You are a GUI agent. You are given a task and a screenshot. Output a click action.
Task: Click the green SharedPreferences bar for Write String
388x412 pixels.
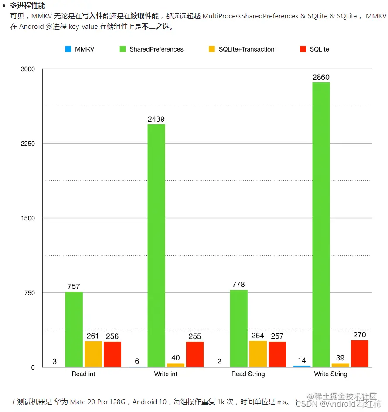321,224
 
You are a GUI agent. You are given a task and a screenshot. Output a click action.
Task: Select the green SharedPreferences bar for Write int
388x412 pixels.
156,245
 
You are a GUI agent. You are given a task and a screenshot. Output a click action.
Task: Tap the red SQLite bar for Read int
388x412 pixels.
112,354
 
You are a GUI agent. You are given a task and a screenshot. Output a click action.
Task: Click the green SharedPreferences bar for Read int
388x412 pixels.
74,329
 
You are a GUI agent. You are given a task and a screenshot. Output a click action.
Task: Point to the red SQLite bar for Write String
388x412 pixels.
360,354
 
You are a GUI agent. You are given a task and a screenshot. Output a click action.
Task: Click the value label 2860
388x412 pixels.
321,77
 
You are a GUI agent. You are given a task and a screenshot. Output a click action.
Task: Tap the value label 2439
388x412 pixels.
156,119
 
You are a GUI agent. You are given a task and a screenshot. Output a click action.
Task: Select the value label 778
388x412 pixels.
238,285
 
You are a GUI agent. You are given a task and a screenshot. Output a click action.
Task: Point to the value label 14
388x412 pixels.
302,360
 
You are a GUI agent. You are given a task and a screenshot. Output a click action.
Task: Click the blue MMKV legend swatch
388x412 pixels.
68,49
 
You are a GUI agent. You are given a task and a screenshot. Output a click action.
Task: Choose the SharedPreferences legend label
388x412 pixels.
156,49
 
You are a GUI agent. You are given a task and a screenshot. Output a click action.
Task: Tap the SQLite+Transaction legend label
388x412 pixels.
246,49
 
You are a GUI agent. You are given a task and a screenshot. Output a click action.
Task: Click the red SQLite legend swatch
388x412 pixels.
303,49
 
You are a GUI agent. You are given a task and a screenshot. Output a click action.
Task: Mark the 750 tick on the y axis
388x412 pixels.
29,293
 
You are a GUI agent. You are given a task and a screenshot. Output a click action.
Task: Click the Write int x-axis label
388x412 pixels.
166,374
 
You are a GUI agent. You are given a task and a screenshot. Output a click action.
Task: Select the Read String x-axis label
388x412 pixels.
248,374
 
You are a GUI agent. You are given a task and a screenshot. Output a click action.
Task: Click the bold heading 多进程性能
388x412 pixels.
27,6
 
